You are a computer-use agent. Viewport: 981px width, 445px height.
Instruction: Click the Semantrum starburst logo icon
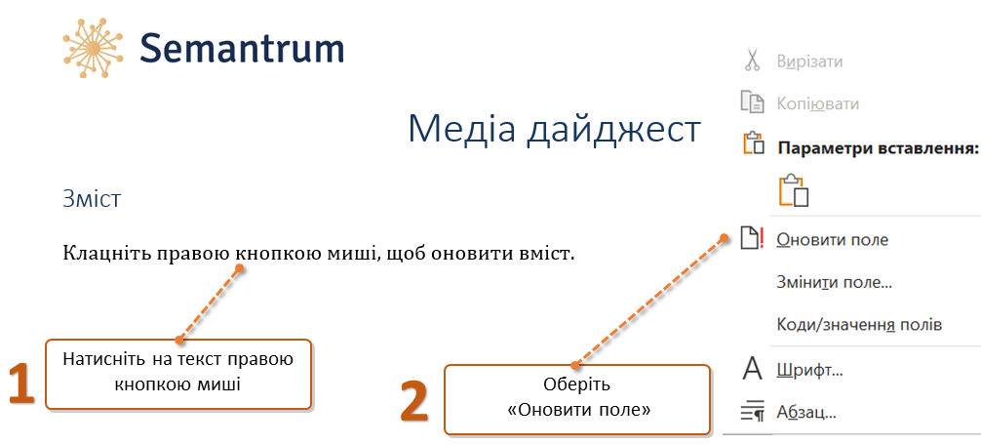(x=92, y=48)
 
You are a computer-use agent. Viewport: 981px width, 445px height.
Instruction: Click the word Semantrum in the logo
(x=242, y=48)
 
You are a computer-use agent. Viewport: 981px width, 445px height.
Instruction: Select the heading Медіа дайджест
(x=554, y=130)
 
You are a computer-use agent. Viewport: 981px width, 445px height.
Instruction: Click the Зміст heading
(x=92, y=200)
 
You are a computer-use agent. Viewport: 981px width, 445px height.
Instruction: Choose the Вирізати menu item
(x=809, y=61)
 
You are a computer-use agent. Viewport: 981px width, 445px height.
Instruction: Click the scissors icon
(x=752, y=61)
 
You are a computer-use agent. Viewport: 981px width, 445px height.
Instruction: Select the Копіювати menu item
(x=817, y=103)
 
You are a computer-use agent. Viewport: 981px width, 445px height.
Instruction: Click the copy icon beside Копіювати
(x=753, y=102)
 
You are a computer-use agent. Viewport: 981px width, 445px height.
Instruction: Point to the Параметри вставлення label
(x=877, y=149)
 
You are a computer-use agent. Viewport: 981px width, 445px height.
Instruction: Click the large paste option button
(x=794, y=190)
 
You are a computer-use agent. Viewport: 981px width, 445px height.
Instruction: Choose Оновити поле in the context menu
(x=832, y=240)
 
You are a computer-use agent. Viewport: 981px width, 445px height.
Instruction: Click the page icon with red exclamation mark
(x=752, y=239)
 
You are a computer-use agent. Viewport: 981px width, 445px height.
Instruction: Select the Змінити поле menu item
(x=834, y=282)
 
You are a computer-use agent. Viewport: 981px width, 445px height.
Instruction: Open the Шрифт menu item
(x=809, y=371)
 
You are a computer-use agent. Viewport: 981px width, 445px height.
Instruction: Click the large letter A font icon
(x=752, y=369)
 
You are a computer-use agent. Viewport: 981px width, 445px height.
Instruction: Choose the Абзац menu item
(x=805, y=413)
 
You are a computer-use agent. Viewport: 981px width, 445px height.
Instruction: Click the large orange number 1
(x=21, y=383)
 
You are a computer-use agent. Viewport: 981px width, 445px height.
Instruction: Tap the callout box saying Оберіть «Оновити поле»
(x=577, y=399)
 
